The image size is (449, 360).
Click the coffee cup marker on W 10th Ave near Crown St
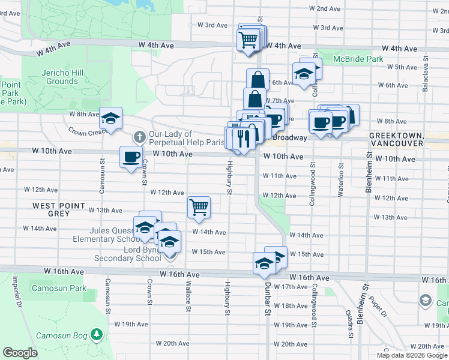click(131, 158)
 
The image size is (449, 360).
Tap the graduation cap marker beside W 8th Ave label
click(111, 119)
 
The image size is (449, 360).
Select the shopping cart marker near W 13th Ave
click(199, 208)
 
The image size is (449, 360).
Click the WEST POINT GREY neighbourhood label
click(59, 209)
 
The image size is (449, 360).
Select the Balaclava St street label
click(425, 74)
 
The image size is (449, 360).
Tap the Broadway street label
click(291, 137)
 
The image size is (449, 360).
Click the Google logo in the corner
click(21, 353)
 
